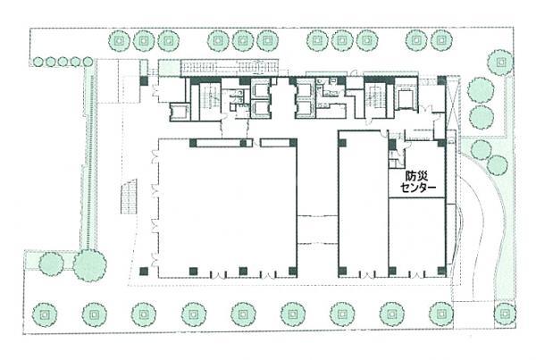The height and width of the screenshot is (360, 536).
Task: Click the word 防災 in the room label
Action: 416,176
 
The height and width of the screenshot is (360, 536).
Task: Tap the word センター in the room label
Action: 418,188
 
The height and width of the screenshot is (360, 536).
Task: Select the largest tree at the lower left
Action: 89,265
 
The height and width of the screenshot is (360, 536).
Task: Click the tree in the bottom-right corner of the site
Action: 506,314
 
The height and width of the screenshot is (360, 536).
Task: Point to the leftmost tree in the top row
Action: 120,41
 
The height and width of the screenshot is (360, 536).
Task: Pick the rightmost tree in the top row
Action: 441,40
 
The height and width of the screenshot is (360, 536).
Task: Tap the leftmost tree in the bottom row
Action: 45,314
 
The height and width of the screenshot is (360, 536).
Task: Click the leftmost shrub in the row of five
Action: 38,62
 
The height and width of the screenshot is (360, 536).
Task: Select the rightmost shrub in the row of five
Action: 88,62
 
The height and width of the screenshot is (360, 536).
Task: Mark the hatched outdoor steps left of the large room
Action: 129,197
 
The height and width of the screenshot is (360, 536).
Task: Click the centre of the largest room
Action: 227,208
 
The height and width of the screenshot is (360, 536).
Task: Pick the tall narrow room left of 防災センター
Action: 363,204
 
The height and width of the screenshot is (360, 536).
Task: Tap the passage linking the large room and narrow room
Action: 317,229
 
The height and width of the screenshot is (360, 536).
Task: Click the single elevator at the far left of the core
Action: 180,112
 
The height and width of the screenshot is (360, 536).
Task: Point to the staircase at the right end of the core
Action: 375,100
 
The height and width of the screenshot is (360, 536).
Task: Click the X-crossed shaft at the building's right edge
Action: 451,103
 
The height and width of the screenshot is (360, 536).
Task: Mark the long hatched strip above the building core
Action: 229,68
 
